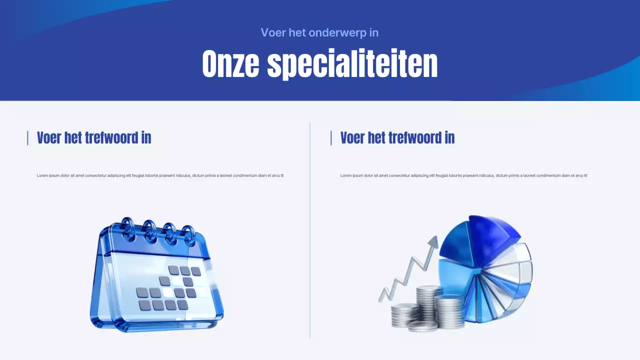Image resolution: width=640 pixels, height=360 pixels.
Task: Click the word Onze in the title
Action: coord(230,64)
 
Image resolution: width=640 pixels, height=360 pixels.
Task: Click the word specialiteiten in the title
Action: coord(352,64)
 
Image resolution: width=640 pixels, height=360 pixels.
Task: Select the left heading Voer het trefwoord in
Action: coord(94,137)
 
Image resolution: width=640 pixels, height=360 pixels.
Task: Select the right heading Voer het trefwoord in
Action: coord(397,137)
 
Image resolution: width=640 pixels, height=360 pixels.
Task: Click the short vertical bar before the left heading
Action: coord(27,137)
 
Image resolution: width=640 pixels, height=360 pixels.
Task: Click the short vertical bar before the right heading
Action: coord(331,137)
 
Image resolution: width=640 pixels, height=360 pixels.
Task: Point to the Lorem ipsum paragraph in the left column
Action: coord(160,175)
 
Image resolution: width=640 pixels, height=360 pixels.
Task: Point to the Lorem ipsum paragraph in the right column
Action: coord(463,175)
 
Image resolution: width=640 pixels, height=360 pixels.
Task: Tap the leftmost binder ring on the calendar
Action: coord(128,228)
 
